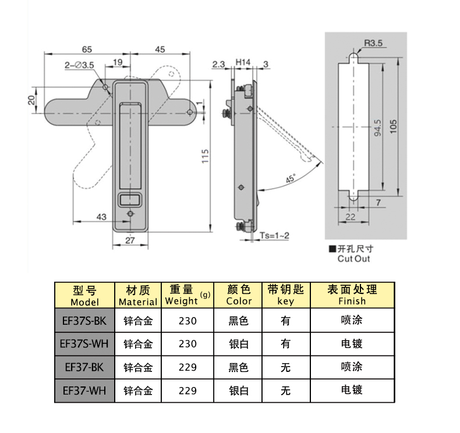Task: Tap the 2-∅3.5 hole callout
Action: point(80,65)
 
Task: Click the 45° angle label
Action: point(290,179)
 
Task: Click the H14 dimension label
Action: point(243,62)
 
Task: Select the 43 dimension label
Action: point(101,216)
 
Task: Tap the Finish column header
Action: point(352,295)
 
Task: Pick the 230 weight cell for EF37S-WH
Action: point(187,344)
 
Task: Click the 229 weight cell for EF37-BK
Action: point(187,367)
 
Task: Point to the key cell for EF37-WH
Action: point(285,391)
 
